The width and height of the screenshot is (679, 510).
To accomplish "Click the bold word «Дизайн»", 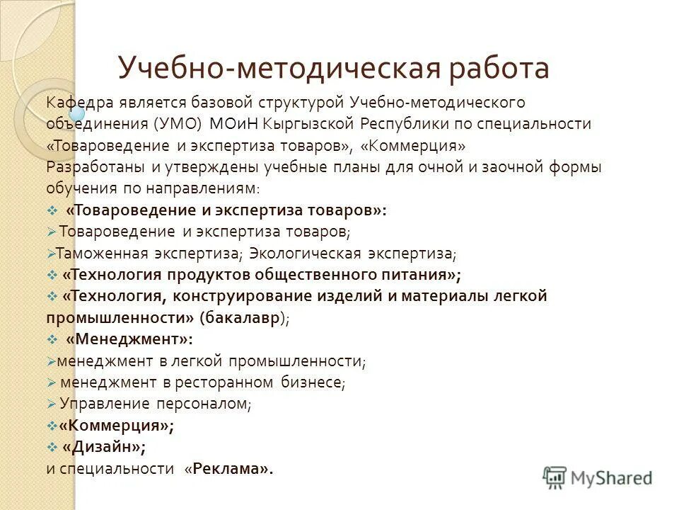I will (103, 447).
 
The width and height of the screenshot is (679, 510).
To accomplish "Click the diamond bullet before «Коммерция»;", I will (52, 426).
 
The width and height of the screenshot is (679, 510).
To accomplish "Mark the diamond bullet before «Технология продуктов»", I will (52, 275).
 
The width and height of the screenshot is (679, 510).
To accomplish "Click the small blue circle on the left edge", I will (76, 113).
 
